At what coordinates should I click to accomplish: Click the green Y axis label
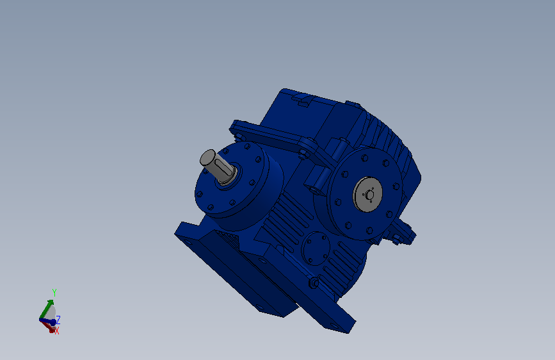[54, 293]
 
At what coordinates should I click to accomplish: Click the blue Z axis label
[58, 320]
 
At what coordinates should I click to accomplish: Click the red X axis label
[57, 331]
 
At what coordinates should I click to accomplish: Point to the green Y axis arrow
[46, 309]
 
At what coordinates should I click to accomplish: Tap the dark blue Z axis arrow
[48, 322]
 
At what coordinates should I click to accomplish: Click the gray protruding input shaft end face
[208, 158]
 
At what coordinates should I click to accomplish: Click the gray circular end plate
[367, 194]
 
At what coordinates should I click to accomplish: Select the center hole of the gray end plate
[369, 195]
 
